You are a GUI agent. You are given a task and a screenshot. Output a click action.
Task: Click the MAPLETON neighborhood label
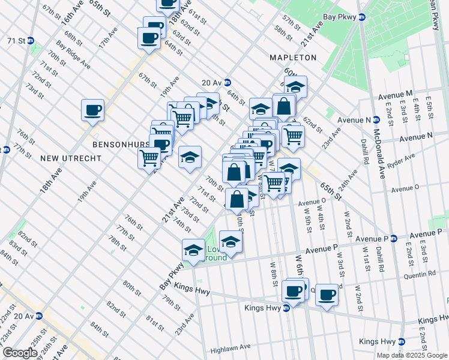(x=293, y=58)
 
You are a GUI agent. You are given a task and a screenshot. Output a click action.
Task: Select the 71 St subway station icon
(x=31, y=41)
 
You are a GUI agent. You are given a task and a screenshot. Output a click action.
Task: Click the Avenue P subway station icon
(x=394, y=238)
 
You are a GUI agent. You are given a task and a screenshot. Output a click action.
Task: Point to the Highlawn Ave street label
(x=229, y=347)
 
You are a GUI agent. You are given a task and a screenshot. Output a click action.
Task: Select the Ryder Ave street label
(x=402, y=160)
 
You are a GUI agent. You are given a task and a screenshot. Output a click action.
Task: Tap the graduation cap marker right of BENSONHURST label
(x=190, y=157)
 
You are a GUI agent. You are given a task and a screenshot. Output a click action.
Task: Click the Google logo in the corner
(x=19, y=353)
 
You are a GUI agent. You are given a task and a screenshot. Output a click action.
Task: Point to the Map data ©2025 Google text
(x=412, y=355)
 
